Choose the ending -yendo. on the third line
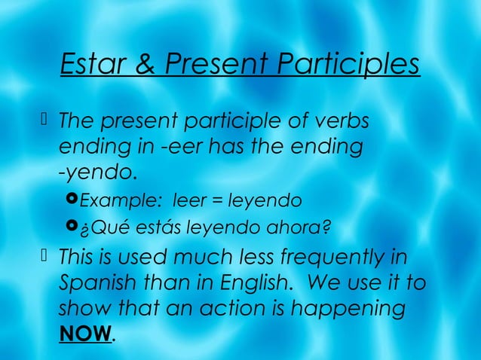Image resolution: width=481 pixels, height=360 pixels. tap(99, 172)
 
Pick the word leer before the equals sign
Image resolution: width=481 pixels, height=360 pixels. tap(188, 200)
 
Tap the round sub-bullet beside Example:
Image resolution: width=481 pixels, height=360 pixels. tap(73, 200)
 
